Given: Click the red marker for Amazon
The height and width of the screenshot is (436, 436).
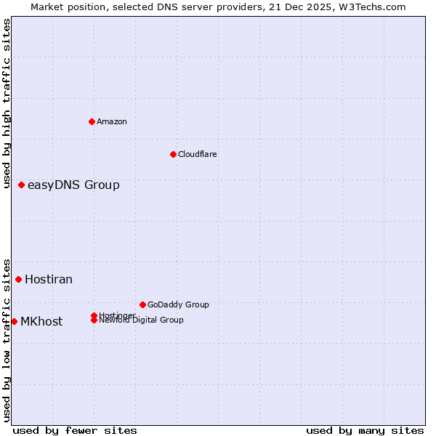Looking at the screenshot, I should (92, 121).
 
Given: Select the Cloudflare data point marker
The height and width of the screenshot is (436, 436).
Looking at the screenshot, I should (173, 154).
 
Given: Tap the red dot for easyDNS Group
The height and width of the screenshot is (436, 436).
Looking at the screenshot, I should (22, 185).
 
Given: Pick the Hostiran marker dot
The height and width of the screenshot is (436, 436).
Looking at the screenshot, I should (19, 279).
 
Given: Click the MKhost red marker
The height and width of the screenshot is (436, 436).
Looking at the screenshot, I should (15, 321).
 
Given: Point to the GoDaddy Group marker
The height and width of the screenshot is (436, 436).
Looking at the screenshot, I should (142, 304).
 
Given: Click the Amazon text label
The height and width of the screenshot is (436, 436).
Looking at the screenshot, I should (111, 121).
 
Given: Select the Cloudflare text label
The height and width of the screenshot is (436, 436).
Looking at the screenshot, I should (197, 154).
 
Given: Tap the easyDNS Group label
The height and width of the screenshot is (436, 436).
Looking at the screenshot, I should (73, 185).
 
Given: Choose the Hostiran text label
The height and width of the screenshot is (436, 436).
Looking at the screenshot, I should (49, 279).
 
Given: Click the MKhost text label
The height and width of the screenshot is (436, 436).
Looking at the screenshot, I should (41, 321).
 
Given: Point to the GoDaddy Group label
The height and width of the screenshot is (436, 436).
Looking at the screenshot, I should (178, 304).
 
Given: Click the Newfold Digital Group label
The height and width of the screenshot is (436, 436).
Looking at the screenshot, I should (142, 320).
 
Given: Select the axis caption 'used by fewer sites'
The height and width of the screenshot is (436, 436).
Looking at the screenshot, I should (75, 430).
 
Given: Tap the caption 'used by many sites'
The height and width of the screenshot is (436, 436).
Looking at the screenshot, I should (365, 430).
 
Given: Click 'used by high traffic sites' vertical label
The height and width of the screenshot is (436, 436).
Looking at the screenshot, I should (7, 103).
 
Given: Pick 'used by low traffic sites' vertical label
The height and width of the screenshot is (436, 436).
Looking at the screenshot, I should (7, 339).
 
